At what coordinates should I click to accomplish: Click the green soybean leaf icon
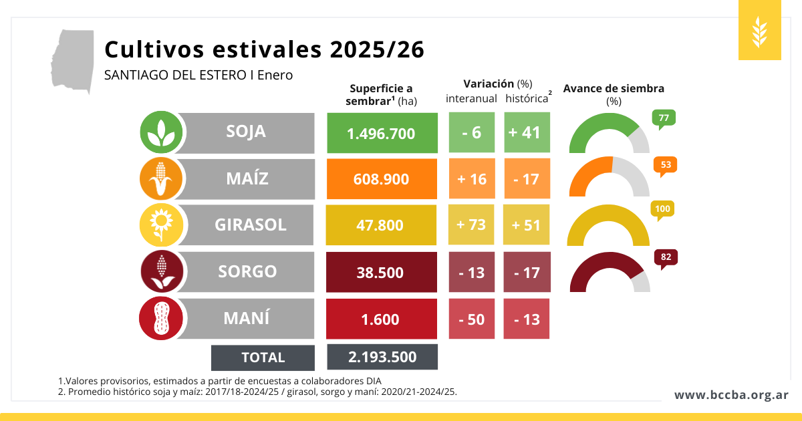click(161, 132)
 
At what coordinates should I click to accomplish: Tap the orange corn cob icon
click(161, 179)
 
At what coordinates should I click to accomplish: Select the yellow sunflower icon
click(161, 225)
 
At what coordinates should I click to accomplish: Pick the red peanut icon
click(161, 318)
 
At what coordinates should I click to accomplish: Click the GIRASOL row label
click(250, 225)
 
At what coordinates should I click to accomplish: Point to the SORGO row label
click(247, 272)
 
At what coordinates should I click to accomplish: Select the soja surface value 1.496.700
click(382, 133)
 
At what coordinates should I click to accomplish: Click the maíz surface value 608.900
click(382, 179)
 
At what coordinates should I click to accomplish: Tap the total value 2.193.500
click(382, 357)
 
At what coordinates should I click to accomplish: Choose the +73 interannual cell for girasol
click(471, 225)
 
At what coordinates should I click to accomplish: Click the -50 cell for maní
click(471, 319)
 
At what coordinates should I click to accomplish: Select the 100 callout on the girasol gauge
click(662, 210)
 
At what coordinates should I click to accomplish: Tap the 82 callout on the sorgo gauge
click(666, 257)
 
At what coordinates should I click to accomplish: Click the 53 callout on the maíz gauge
click(666, 165)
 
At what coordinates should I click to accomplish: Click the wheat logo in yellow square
click(760, 31)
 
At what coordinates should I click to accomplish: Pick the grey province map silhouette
click(72, 61)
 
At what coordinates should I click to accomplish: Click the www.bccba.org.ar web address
click(731, 395)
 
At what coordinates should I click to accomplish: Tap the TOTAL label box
click(263, 358)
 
